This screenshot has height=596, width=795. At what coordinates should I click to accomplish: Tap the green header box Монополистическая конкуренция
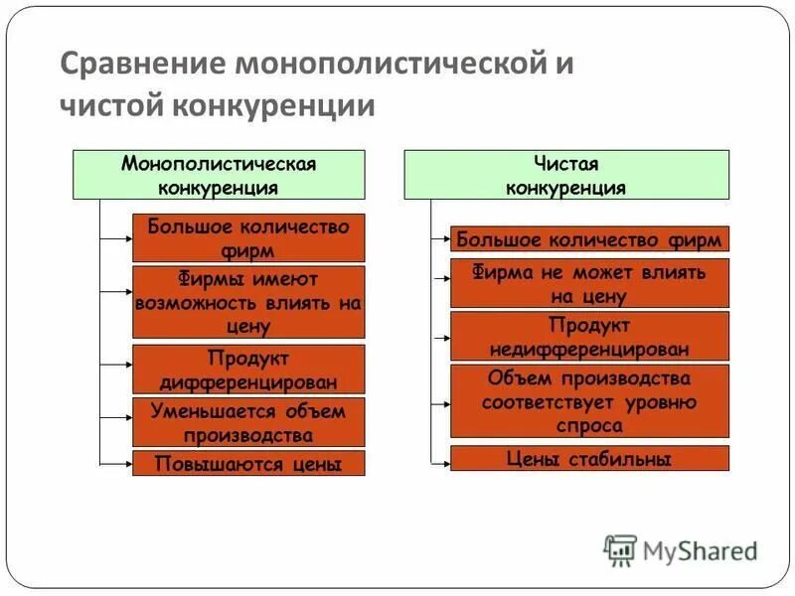tap(219, 175)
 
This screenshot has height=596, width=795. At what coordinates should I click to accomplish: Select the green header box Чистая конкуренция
tap(565, 175)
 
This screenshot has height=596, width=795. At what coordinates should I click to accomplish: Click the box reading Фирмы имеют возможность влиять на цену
tap(248, 302)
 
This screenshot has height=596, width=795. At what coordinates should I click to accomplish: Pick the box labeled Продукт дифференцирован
tap(248, 370)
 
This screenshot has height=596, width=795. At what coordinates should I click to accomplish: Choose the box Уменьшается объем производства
tap(248, 422)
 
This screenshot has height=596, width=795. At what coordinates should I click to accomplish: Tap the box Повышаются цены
tap(248, 463)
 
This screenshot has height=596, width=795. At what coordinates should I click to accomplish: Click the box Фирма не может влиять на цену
tap(589, 283)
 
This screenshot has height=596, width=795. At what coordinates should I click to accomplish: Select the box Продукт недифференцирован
tap(589, 337)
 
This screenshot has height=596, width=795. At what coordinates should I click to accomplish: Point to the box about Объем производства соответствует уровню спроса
tap(589, 401)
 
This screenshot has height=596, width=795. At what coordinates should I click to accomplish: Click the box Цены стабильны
tap(589, 459)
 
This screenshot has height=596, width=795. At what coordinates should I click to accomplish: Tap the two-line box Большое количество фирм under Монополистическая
tap(248, 238)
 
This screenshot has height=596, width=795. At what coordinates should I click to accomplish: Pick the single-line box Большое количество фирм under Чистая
tap(589, 239)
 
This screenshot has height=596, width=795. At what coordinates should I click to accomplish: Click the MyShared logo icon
tap(620, 549)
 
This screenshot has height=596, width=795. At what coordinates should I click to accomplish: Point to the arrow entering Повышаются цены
tap(117, 463)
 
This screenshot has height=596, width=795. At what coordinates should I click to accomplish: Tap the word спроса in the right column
tap(589, 426)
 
